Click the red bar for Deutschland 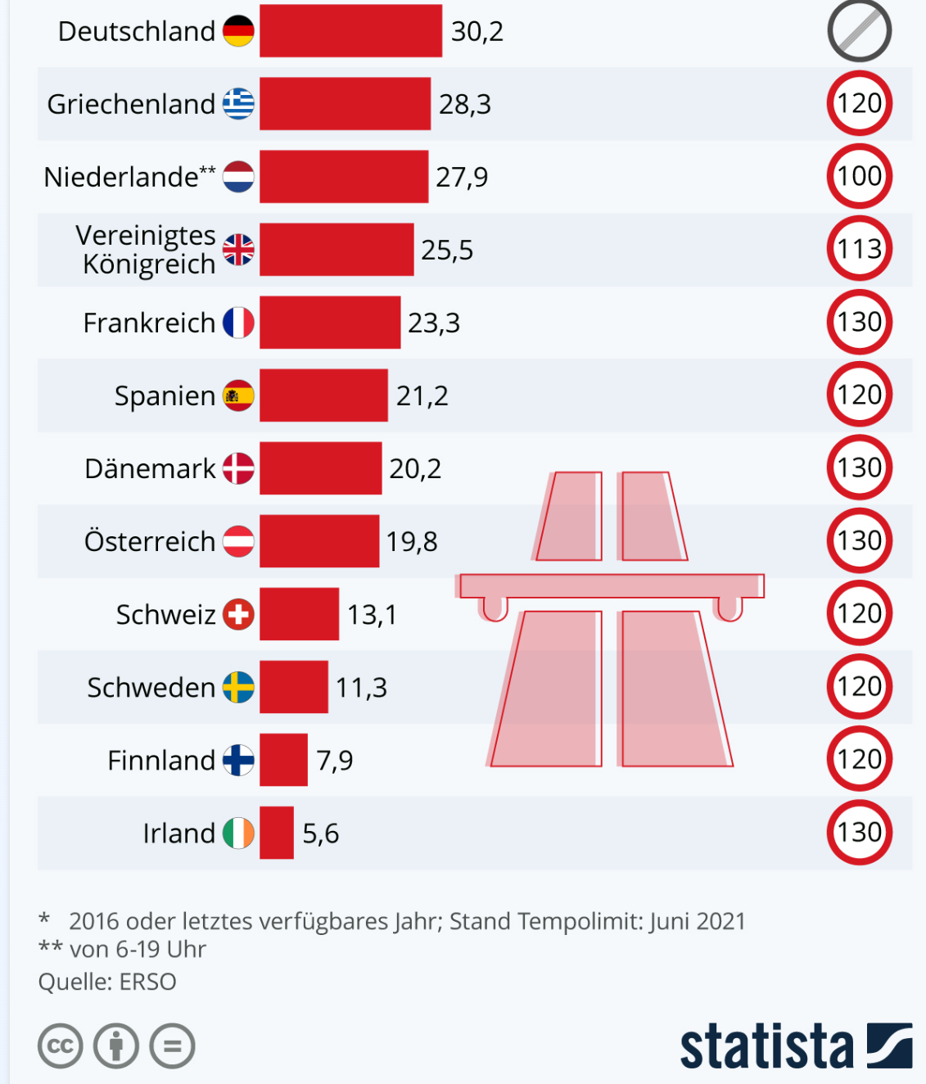350,31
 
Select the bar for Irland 277,833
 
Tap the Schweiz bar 299,614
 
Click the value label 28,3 465,105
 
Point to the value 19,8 412,542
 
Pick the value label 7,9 335,761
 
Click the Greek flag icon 238,104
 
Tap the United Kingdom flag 238,250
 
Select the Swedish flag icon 238,687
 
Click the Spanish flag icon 238,395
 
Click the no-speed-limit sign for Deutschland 859,31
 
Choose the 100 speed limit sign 859,176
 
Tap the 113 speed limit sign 859,249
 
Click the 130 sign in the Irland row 859,833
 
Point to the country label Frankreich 149,323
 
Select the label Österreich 150,542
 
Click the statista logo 795,1046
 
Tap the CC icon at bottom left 61,1046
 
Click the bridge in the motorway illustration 611,586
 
